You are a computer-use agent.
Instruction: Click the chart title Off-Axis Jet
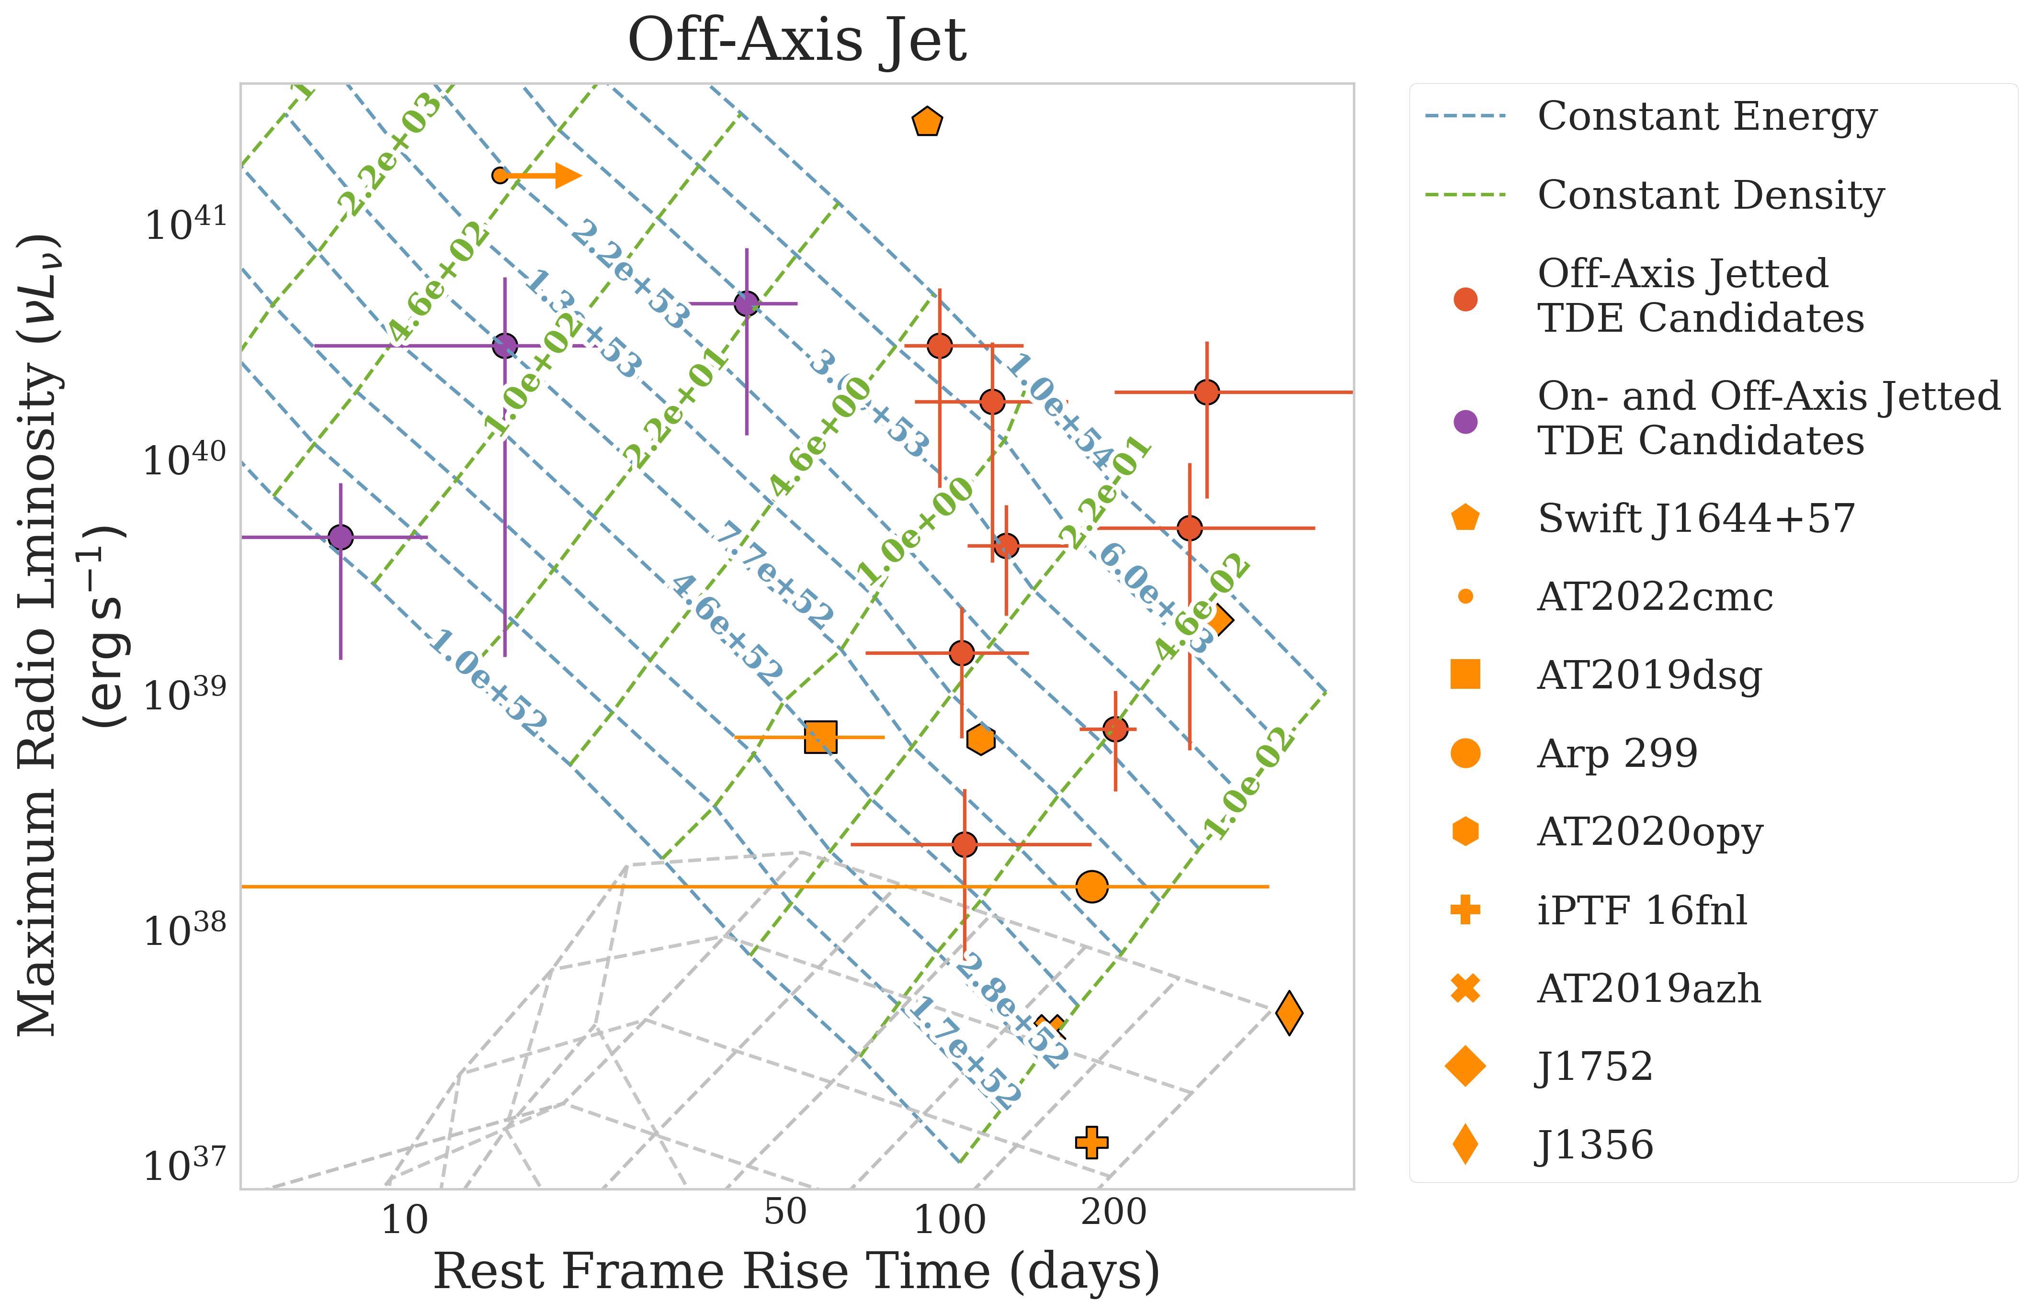[797, 41]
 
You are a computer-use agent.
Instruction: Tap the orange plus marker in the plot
[1091, 1142]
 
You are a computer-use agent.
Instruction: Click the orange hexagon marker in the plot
[981, 739]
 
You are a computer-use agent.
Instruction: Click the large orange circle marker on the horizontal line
[1091, 887]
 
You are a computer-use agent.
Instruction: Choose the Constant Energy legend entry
[1706, 117]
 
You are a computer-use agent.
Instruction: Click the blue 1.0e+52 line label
[488, 682]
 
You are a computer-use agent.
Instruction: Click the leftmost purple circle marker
[341, 537]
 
